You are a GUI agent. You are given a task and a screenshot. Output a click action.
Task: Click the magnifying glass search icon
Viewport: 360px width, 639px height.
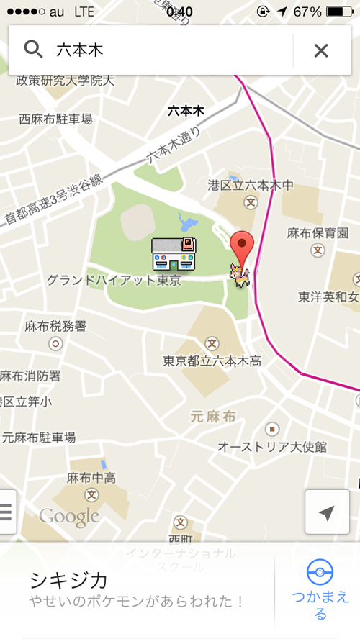click(x=33, y=49)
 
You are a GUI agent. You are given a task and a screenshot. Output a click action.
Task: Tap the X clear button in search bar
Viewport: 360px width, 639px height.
click(x=321, y=50)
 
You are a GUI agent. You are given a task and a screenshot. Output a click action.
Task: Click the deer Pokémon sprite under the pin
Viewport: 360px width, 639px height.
click(x=238, y=276)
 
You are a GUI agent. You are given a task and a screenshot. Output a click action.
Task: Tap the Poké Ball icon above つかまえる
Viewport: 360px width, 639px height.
click(x=320, y=573)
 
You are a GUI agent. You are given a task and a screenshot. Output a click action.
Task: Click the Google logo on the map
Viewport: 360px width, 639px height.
click(x=69, y=516)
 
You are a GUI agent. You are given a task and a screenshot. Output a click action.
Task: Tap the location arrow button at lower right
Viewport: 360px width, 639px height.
click(x=327, y=512)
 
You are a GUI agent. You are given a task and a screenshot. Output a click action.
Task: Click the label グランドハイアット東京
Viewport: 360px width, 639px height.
click(x=114, y=280)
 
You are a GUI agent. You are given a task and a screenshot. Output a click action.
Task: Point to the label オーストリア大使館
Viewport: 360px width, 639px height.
click(x=272, y=447)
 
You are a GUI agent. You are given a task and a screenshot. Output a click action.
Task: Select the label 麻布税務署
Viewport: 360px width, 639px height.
click(x=55, y=326)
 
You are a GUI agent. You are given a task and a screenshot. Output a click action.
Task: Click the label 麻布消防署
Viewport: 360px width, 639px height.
click(x=30, y=376)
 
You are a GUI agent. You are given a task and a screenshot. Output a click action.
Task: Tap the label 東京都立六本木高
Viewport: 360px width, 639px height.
click(x=212, y=361)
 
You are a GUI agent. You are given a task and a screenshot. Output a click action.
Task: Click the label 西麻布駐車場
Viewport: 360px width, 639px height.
click(x=55, y=119)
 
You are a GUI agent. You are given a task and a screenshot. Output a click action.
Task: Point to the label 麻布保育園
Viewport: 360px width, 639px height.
click(x=318, y=232)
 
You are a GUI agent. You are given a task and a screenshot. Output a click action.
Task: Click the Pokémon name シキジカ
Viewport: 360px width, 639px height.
click(x=68, y=579)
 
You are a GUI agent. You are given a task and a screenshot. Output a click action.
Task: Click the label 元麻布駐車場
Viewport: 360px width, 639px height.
click(x=38, y=437)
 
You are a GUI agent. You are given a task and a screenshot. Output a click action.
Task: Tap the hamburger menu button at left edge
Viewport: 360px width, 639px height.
click(x=6, y=512)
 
